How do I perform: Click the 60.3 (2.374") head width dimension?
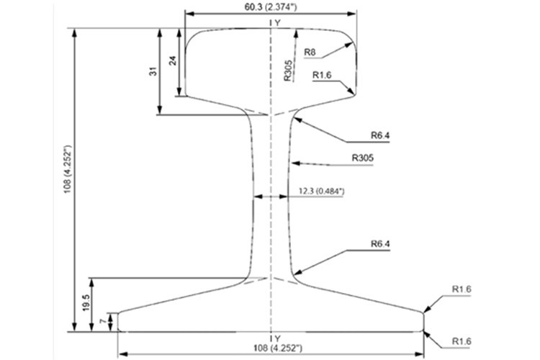point(271,7)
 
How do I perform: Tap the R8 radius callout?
point(310,53)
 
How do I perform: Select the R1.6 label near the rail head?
point(322,75)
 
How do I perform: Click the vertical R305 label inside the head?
point(288,71)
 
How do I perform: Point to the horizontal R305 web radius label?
point(362,158)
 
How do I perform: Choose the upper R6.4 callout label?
point(380,135)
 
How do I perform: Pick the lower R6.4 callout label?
point(380,244)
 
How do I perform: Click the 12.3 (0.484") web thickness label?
point(321,191)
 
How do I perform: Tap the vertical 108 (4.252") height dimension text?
point(68,168)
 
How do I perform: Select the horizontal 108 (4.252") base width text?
point(278,348)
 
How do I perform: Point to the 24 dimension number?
point(174,60)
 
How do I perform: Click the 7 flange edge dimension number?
point(103,321)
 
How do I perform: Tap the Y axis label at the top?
point(278,23)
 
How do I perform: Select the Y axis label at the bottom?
point(278,338)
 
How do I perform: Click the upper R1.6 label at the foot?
point(461,289)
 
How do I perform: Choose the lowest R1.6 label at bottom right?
point(461,341)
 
